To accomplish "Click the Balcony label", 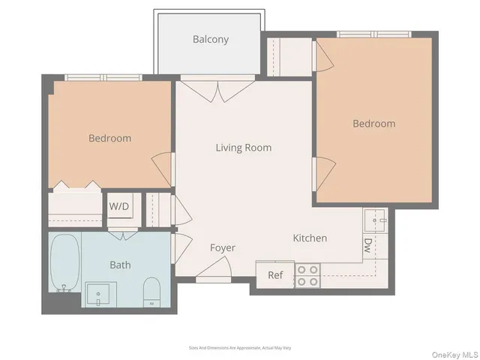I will pyautogui.click(x=210, y=39).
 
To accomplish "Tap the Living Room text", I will pyautogui.click(x=244, y=148).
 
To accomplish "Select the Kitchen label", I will pyautogui.click(x=310, y=238).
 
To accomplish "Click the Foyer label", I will pyautogui.click(x=222, y=248).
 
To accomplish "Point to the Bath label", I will pyautogui.click(x=120, y=265).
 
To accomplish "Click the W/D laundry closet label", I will pyautogui.click(x=119, y=206).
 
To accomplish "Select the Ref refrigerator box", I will pyautogui.click(x=275, y=274).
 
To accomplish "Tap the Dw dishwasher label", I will pyautogui.click(x=367, y=245).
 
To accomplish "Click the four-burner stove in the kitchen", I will pyautogui.click(x=307, y=275).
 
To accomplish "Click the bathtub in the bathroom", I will pyautogui.click(x=64, y=262).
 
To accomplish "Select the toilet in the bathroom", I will pyautogui.click(x=151, y=292).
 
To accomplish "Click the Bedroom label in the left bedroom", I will pyautogui.click(x=109, y=138).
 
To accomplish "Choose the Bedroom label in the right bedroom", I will pyautogui.click(x=373, y=124).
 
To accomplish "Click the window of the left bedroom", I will pyautogui.click(x=103, y=77).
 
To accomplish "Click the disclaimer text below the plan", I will pyautogui.click(x=239, y=347).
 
